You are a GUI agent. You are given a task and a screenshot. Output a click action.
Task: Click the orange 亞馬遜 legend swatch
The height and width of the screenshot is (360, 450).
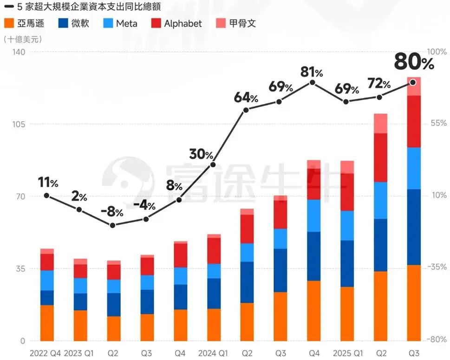[x=9, y=23]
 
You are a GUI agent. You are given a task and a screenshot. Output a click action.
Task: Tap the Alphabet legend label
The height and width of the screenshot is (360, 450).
[x=183, y=24]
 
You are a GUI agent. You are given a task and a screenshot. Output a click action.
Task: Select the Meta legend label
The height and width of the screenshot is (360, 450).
[x=127, y=24]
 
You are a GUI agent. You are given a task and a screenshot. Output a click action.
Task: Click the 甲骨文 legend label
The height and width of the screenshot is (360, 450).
[x=242, y=23]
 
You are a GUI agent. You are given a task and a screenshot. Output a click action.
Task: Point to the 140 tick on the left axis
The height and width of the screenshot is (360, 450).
[x=19, y=52]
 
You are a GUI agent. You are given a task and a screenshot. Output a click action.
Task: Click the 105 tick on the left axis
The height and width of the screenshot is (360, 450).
[x=19, y=124]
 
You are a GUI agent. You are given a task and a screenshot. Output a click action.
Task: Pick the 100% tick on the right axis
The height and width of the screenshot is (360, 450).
[x=437, y=52]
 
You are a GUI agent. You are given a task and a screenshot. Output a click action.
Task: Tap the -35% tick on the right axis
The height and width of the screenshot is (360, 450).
[x=437, y=267]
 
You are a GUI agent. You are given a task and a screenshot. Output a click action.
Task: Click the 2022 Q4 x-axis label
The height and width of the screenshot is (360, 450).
[x=45, y=353]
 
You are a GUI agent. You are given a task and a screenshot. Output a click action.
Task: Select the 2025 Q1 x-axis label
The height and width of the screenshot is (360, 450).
[x=348, y=353]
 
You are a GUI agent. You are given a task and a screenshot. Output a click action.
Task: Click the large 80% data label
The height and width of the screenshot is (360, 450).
[x=414, y=62]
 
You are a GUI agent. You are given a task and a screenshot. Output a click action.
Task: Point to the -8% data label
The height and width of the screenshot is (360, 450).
[x=112, y=212]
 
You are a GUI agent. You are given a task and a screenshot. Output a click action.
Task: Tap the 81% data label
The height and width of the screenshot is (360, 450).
[x=312, y=72]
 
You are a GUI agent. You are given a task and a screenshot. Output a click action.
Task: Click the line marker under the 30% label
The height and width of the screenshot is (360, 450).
[x=213, y=164]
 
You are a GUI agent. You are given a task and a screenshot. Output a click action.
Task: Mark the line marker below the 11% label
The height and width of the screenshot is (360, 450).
[x=47, y=196]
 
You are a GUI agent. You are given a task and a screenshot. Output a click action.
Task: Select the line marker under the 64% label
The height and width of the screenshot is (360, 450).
[x=246, y=110]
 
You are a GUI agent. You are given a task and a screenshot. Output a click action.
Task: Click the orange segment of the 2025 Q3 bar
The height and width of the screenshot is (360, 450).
[x=414, y=303]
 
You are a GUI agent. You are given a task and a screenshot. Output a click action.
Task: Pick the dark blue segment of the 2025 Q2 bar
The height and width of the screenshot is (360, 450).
[x=380, y=245]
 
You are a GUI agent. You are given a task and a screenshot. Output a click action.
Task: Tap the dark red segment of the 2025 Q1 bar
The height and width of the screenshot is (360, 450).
[x=347, y=192]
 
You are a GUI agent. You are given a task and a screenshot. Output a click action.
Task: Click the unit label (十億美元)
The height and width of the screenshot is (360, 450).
[x=23, y=39]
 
